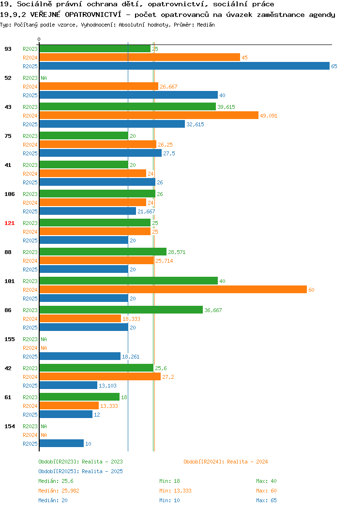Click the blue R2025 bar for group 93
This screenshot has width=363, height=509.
click(184, 66)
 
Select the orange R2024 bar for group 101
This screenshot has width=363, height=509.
click(173, 289)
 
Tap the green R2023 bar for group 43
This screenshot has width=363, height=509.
click(128, 106)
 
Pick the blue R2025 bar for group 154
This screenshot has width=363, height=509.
click(61, 443)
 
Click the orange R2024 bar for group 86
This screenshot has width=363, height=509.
click(80, 318)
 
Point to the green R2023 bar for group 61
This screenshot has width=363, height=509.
click(79, 397)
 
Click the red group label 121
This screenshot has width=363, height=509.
click(9, 223)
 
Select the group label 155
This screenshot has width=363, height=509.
click(9, 339)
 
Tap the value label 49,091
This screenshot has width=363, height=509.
click(269, 116)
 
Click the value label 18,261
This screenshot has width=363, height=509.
click(131, 357)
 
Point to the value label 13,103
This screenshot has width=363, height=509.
click(107, 386)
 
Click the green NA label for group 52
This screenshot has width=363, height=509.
click(44, 78)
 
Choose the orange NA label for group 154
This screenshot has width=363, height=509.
click(44, 435)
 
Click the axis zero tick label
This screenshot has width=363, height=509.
click(39, 39)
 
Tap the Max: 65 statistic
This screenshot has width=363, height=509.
click(266, 500)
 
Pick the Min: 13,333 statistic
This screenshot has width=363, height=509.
click(175, 491)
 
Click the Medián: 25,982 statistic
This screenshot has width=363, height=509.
click(59, 491)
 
